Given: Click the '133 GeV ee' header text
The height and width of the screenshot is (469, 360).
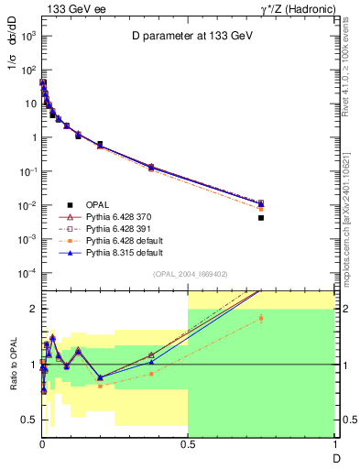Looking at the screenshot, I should click(x=71, y=8).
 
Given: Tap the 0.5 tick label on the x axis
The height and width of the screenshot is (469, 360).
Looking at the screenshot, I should click(x=188, y=444).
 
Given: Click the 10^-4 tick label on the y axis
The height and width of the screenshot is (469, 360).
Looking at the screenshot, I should click(x=28, y=273).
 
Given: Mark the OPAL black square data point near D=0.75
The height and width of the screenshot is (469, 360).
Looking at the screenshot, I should click(x=261, y=218).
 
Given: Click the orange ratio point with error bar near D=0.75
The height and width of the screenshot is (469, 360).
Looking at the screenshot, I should click(x=261, y=319).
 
